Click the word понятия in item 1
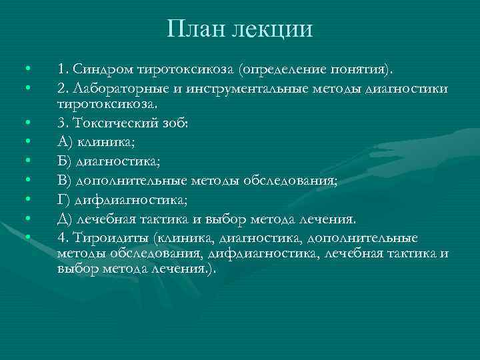pyautogui.click(x=364, y=69)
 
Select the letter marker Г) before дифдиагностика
pyautogui.click(x=65, y=200)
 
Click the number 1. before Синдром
pyautogui.click(x=62, y=69)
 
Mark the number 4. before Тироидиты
pyautogui.click(x=62, y=238)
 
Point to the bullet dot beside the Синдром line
pyautogui.click(x=25, y=69)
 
